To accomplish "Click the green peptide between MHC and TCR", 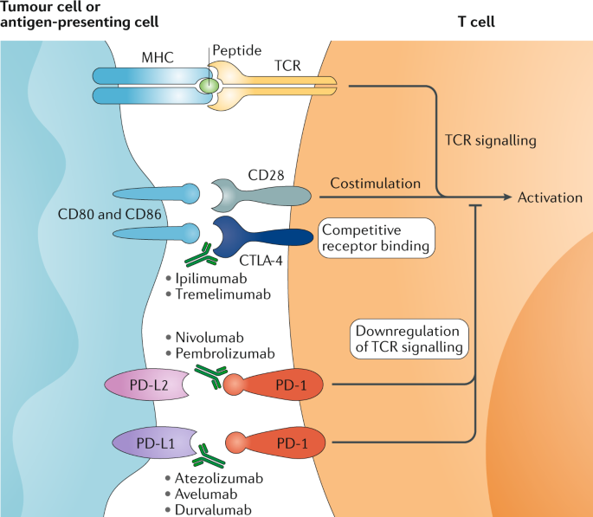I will point(208,87).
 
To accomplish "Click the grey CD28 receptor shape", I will point(260,195).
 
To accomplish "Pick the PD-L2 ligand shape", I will point(144,385).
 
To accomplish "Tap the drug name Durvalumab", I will point(218,509).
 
